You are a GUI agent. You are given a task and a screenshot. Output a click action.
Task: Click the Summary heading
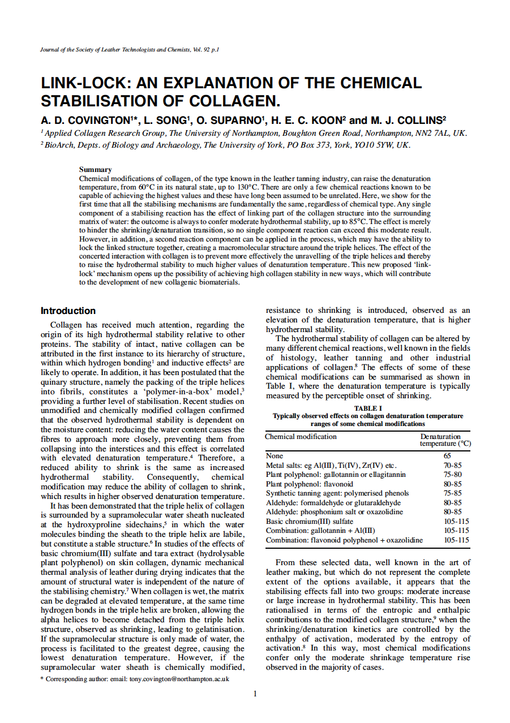[x=95, y=169]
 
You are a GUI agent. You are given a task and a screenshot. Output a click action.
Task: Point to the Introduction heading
[x=68, y=311]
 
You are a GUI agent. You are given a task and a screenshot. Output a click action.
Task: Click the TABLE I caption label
[x=368, y=408]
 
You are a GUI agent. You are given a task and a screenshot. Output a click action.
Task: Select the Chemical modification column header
[x=301, y=436]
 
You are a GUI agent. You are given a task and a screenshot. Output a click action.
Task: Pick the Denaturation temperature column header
[x=445, y=440]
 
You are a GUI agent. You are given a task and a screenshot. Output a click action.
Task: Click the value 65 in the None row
[x=447, y=455]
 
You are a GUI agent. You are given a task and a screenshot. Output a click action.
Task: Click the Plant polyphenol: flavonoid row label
[x=309, y=484]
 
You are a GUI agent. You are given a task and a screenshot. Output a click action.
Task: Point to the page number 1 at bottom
[x=255, y=694]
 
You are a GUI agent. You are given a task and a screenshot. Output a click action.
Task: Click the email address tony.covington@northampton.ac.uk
[x=179, y=678]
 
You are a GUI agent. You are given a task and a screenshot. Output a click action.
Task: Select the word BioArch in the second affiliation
[x=58, y=145]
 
